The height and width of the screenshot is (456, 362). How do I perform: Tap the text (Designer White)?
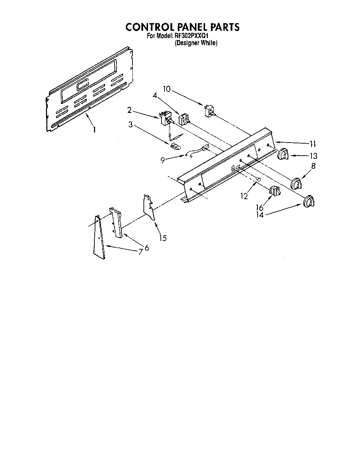pyautogui.click(x=196, y=43)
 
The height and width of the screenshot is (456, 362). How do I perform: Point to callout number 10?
pyautogui.click(x=167, y=89)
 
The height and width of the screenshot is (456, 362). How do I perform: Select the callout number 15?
pyautogui.click(x=163, y=238)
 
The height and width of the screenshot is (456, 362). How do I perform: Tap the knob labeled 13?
pyautogui.click(x=283, y=154)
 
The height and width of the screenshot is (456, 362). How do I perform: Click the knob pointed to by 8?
pyautogui.click(x=296, y=183)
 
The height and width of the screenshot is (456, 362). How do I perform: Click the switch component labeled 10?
pyautogui.click(x=209, y=111)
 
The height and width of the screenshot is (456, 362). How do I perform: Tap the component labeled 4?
pyautogui.click(x=183, y=119)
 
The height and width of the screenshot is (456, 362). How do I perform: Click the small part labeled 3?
pyautogui.click(x=175, y=145)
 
